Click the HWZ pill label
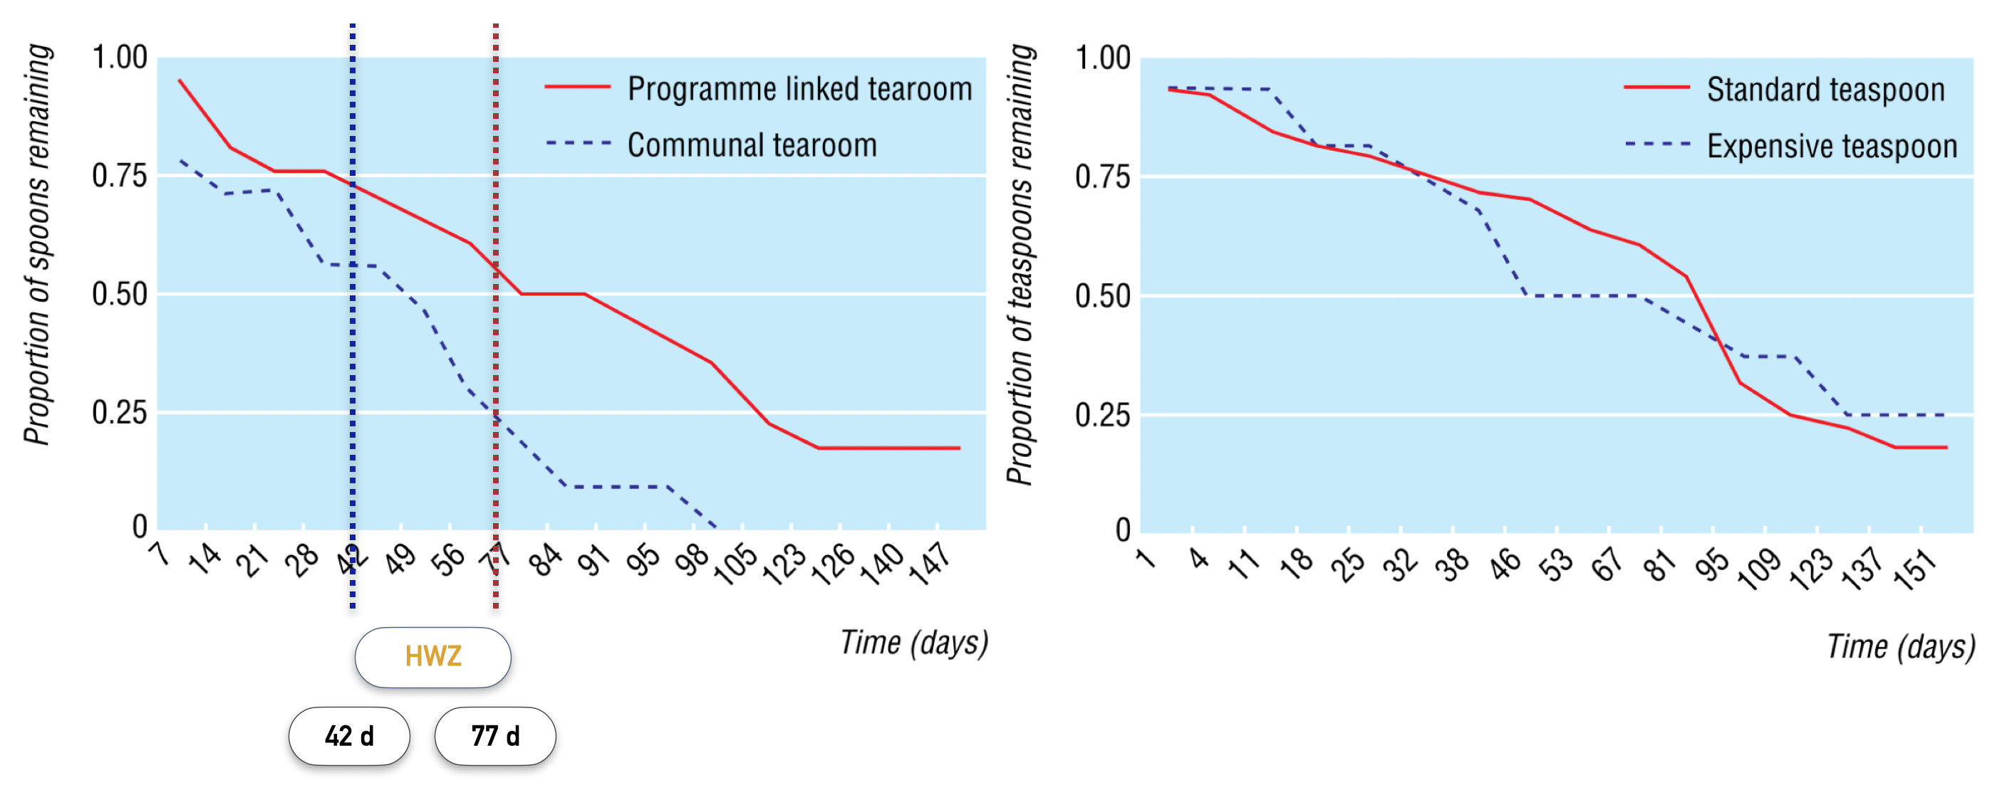[432, 656]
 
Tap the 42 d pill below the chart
[349, 735]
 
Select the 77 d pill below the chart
[495, 735]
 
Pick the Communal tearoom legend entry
[752, 145]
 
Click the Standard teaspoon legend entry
[1825, 90]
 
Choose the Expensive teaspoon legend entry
[1831, 146]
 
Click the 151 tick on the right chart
[1915, 568]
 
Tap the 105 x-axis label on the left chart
[736, 564]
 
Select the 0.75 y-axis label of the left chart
[120, 177]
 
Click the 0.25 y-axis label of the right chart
[1102, 415]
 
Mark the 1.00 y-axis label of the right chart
[1102, 58]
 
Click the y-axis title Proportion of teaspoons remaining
[1020, 265]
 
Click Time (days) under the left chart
[914, 642]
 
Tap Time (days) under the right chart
[1900, 646]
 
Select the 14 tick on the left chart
[205, 559]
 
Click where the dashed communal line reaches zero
[715, 528]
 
